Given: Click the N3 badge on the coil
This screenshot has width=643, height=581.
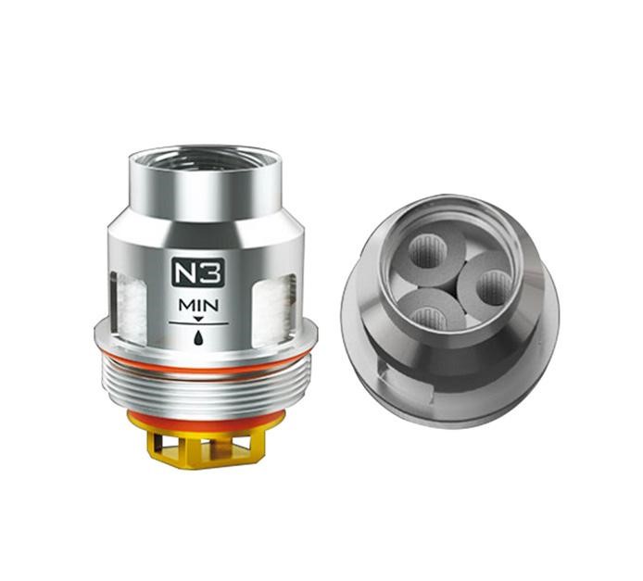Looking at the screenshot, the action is tap(197, 272).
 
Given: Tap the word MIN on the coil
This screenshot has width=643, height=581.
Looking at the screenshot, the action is tap(198, 306).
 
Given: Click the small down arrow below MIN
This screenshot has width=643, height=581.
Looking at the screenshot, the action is tap(198, 319).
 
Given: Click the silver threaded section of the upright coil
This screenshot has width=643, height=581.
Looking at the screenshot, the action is tap(206, 388).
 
